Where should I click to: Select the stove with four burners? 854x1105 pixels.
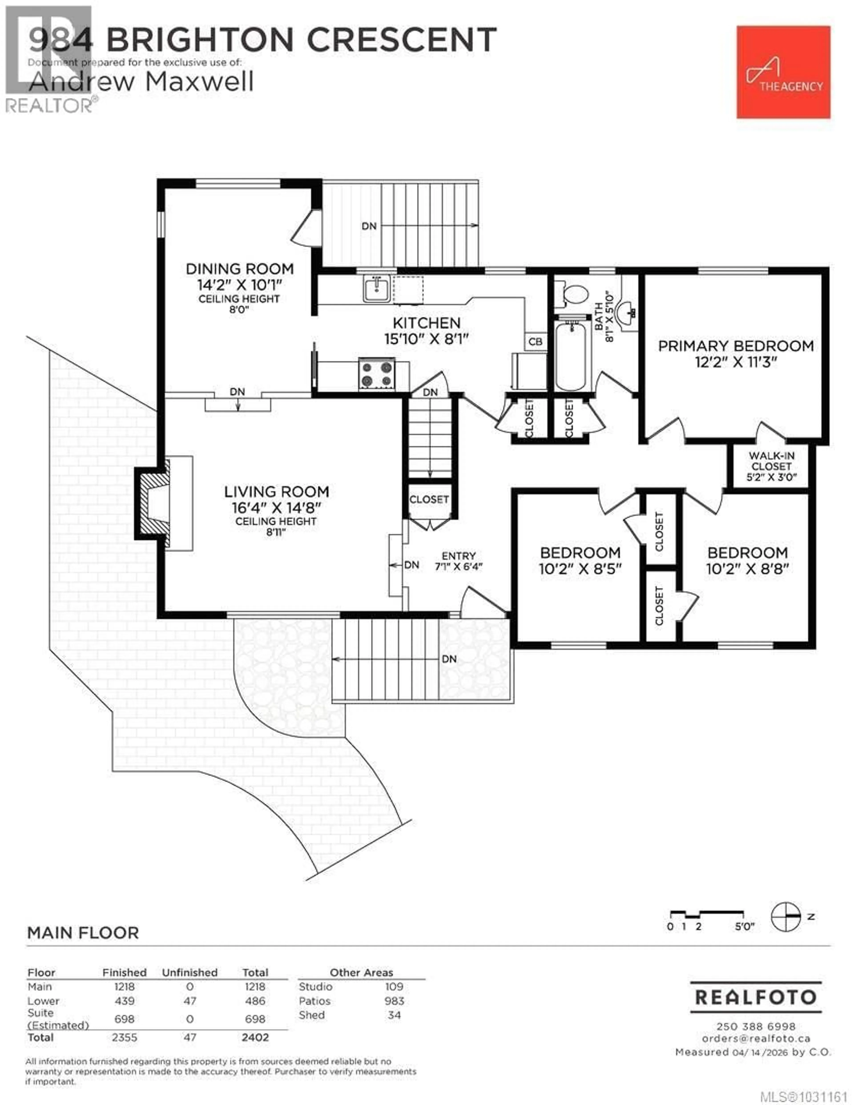pos(377,374)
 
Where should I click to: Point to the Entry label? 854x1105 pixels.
pos(458,556)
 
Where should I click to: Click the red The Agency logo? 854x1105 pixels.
pos(783,72)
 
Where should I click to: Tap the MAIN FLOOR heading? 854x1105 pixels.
pos(83,932)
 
